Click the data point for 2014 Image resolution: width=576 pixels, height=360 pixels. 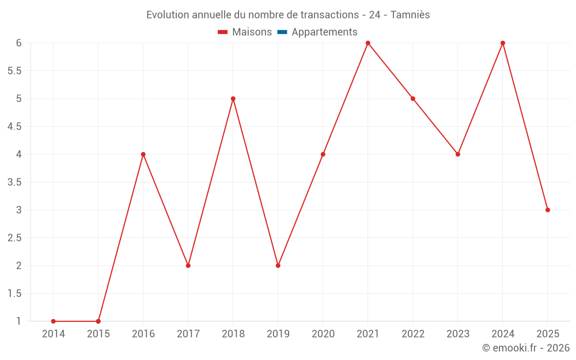[53, 321]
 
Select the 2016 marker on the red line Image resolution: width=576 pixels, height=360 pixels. [143, 154]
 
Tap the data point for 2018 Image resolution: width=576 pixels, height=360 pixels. [233, 99]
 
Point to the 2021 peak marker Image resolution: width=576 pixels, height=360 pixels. [367, 43]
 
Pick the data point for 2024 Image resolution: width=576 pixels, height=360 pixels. [503, 43]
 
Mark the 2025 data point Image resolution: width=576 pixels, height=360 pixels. [548, 210]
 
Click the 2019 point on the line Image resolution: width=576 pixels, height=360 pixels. [278, 266]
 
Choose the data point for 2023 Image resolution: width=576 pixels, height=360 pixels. [458, 154]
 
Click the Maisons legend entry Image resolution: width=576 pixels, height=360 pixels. [245, 32]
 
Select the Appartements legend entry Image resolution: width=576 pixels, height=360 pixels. [317, 32]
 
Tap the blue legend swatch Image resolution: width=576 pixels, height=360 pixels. [282, 32]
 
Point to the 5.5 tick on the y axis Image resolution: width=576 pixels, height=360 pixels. [14, 71]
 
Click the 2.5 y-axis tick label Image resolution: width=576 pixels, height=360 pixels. [14, 238]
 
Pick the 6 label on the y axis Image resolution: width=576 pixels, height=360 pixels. [19, 43]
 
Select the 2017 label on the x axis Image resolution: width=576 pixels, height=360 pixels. [188, 334]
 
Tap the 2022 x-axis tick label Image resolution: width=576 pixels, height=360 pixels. [413, 334]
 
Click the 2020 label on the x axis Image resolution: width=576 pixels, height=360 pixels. [323, 334]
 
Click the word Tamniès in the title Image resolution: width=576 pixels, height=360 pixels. [410, 15]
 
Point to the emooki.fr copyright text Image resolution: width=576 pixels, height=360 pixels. [526, 348]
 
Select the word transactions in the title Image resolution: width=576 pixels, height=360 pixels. [329, 15]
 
